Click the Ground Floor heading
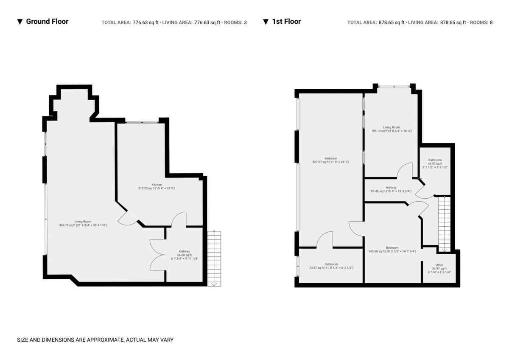(x=47, y=22)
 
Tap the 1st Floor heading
(x=286, y=22)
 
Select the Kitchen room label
(x=157, y=185)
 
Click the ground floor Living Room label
(x=83, y=222)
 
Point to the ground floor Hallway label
(x=184, y=251)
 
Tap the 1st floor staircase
(x=444, y=225)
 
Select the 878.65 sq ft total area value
(x=389, y=22)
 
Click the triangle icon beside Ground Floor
(x=20, y=22)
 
